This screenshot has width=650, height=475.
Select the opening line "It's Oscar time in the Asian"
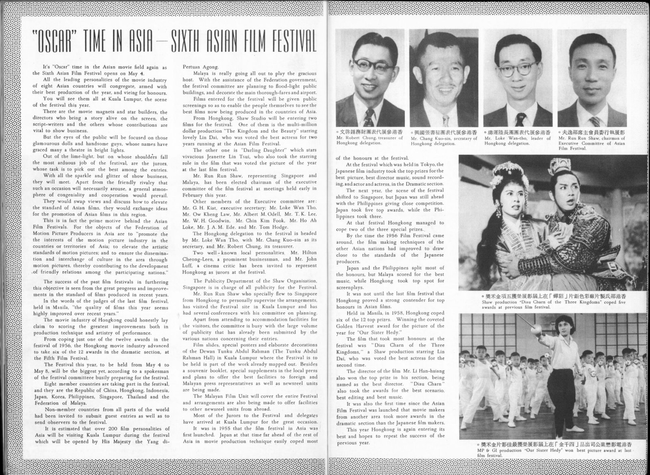click(x=104, y=67)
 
